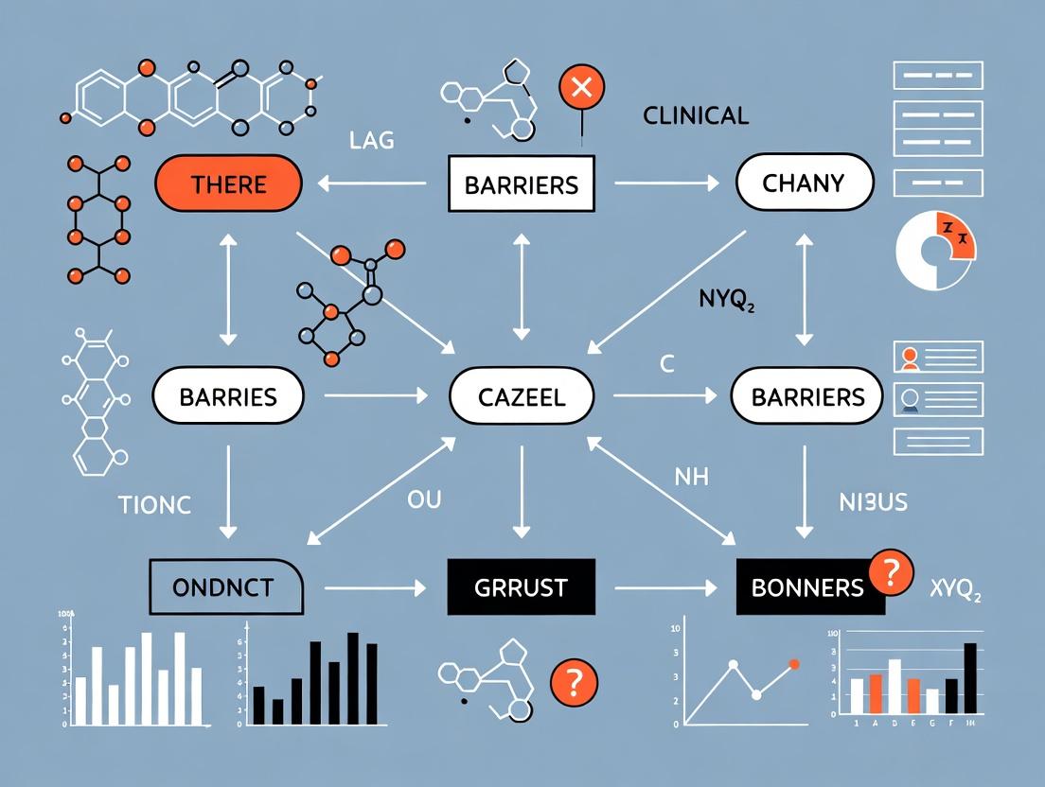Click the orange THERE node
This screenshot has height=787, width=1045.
(228, 184)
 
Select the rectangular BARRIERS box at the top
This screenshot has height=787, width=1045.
(521, 184)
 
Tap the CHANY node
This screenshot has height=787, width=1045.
(803, 184)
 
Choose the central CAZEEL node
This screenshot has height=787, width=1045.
(521, 395)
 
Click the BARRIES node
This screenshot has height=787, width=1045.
(228, 395)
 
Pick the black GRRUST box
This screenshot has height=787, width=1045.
(521, 587)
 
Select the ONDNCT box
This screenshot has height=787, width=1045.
(226, 587)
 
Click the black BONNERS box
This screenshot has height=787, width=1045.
(807, 587)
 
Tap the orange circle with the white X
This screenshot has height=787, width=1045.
(582, 88)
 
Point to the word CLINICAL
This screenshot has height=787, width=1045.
(696, 116)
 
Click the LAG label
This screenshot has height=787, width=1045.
(371, 142)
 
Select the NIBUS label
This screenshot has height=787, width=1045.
(873, 502)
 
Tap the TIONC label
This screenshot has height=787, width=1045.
(155, 504)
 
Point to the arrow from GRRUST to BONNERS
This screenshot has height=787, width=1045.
(665, 588)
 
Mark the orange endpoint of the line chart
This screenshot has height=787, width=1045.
(793, 664)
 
